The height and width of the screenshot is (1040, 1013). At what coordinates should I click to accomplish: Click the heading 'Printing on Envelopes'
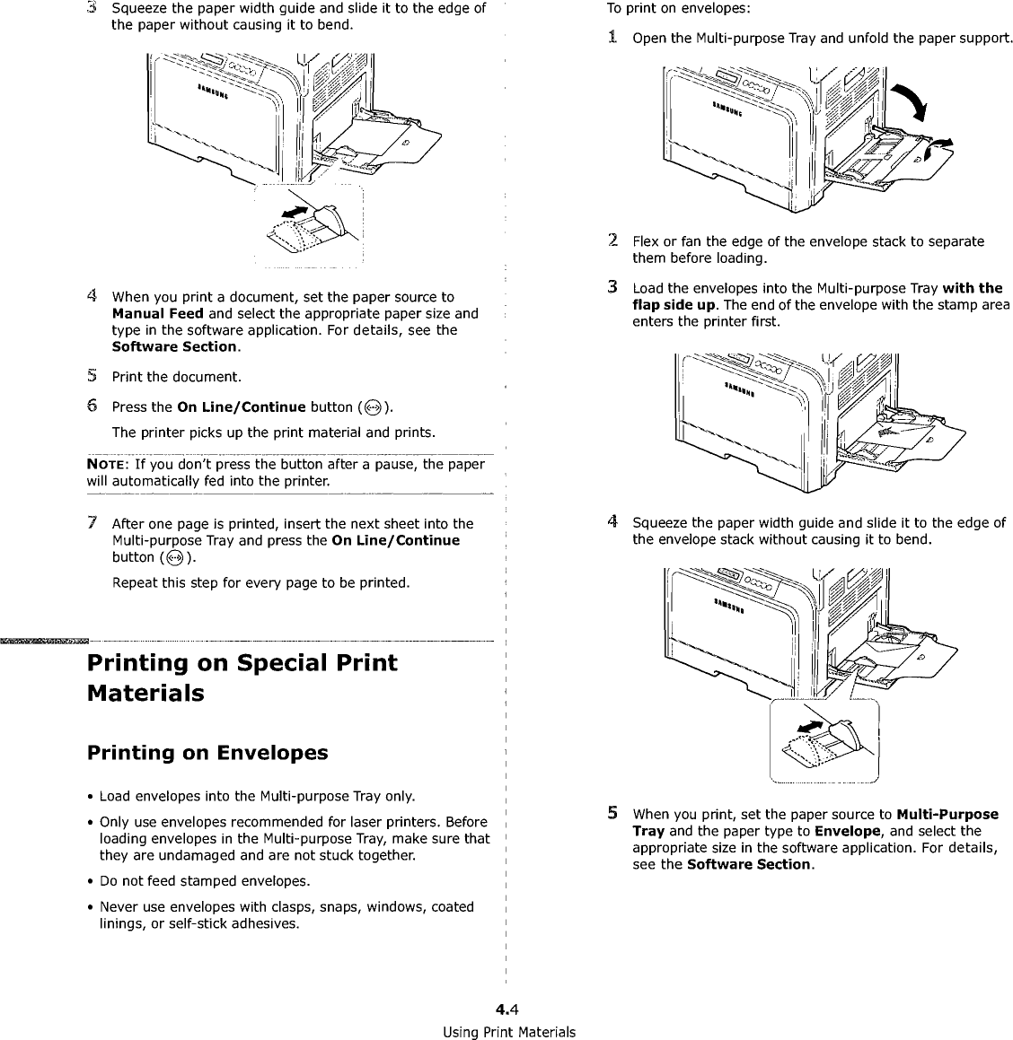coord(207,753)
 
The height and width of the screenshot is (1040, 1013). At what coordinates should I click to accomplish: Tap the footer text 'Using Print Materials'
coord(508,1031)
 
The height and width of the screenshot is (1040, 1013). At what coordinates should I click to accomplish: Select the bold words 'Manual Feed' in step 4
coord(151,313)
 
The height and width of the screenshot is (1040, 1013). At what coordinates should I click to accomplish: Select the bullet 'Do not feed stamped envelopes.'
coord(206,880)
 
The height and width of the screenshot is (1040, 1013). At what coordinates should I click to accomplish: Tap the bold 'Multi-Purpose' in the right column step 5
coord(947,814)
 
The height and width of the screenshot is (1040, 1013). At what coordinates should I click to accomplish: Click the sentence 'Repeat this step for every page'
coord(260,583)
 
